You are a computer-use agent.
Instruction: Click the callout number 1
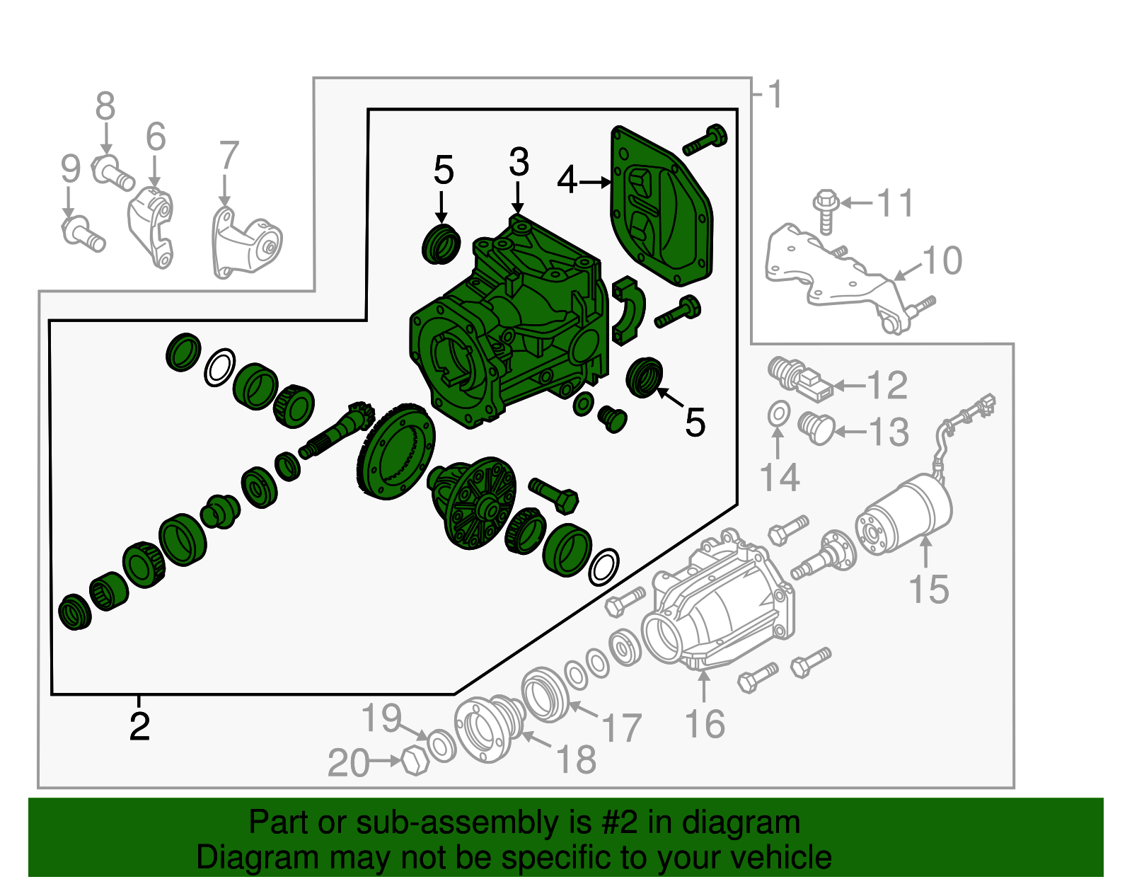pyautogui.click(x=775, y=95)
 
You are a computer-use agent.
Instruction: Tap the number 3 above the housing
pyautogui.click(x=519, y=161)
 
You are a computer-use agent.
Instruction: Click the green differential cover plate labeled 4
pyautogui.click(x=662, y=206)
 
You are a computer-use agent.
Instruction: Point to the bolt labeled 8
pyautogui.click(x=112, y=173)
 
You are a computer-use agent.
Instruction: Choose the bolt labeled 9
pyautogui.click(x=83, y=234)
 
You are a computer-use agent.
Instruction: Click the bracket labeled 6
pyautogui.click(x=151, y=227)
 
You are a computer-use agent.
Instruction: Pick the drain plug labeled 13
pyautogui.click(x=817, y=428)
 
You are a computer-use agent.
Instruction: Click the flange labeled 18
pyautogui.click(x=489, y=728)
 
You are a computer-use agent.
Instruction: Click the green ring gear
pyautogui.click(x=398, y=452)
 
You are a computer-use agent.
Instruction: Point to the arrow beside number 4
pyautogui.click(x=595, y=183)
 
